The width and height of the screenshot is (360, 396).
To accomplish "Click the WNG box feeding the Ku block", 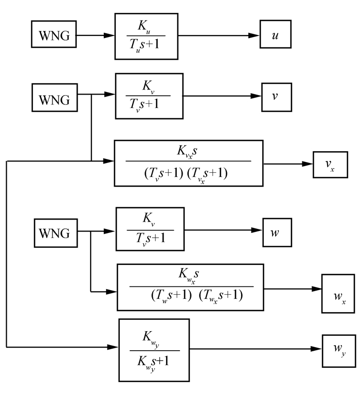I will click(53, 37).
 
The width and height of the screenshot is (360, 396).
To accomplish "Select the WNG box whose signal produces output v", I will click(54, 98).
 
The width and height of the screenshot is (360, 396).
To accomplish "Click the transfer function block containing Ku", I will click(147, 37).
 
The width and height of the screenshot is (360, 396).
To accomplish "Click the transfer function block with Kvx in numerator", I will click(189, 163).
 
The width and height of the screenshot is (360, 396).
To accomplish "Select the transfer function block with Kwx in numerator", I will click(190, 287).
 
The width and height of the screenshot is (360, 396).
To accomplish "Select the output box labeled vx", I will click(327, 165).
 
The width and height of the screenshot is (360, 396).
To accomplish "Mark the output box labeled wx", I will click(338, 294).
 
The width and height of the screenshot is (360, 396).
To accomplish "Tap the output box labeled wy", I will click(338, 350).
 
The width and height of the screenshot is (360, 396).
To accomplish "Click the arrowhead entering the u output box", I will click(255, 37).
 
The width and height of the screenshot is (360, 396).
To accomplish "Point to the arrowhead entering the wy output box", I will click(317, 349).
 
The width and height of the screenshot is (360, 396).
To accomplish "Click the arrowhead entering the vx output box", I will click(308, 165).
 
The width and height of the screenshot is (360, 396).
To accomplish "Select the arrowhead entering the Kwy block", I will click(114, 347).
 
